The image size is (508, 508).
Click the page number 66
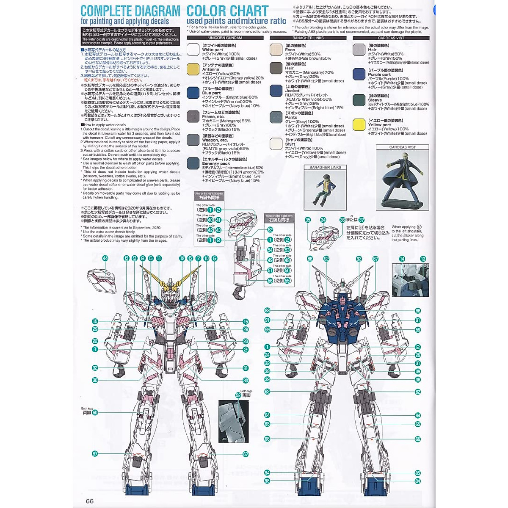pos(89,501)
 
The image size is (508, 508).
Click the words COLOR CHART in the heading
pos(227,11)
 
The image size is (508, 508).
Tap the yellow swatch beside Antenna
pos(193,69)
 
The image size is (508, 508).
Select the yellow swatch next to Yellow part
pos(359,124)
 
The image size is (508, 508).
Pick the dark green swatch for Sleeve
pos(359,100)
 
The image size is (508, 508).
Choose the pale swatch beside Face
pos(276,50)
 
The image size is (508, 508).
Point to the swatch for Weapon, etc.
pos(193,140)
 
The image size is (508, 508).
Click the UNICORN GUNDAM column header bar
pos(225,38)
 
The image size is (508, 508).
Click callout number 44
pos(105,258)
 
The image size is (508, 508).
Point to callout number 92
pos(326,258)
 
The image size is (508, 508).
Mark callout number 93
pos(359,258)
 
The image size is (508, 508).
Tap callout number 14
pos(402,259)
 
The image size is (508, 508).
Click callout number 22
pos(95,341)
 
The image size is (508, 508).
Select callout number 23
pos(246,341)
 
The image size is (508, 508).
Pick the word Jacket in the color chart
pos(292,91)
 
